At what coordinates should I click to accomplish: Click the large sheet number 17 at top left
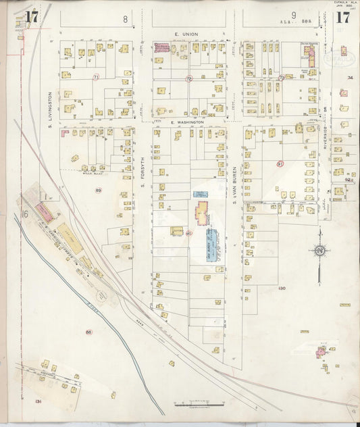(x=32, y=18)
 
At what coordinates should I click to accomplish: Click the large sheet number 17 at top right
(x=342, y=18)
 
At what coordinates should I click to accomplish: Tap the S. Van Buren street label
(x=235, y=179)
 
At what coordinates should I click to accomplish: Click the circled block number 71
(x=96, y=78)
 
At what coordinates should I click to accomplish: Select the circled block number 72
(x=189, y=78)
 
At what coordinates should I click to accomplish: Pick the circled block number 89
(x=98, y=191)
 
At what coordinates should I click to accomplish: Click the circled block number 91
(x=280, y=164)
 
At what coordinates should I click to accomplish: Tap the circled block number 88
(x=88, y=332)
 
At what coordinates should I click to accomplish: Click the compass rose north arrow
(x=319, y=251)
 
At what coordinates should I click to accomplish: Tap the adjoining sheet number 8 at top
(x=125, y=20)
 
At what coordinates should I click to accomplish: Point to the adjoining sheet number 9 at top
(x=294, y=15)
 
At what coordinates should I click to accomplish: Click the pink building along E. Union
(x=162, y=47)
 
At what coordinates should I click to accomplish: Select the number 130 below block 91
(x=281, y=288)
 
